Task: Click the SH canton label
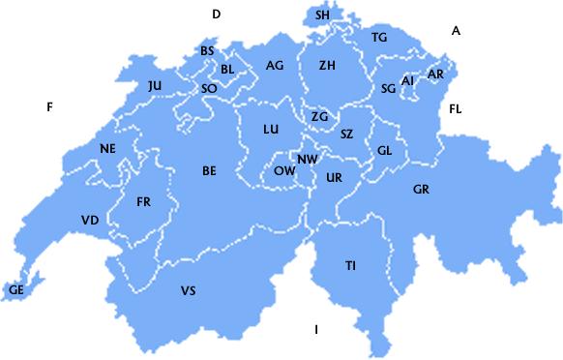322,15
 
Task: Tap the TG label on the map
379,38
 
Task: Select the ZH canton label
327,66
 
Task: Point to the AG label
275,66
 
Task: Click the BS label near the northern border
207,51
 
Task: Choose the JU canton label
155,86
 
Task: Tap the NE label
107,148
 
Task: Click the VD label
90,221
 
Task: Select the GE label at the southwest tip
16,289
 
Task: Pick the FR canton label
144,202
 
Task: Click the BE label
209,171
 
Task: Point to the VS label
188,290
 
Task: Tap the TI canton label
350,265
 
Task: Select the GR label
421,189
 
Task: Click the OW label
284,170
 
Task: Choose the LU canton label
271,130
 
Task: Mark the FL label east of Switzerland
456,109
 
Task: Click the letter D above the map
217,14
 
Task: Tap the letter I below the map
315,330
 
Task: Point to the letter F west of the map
48,106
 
